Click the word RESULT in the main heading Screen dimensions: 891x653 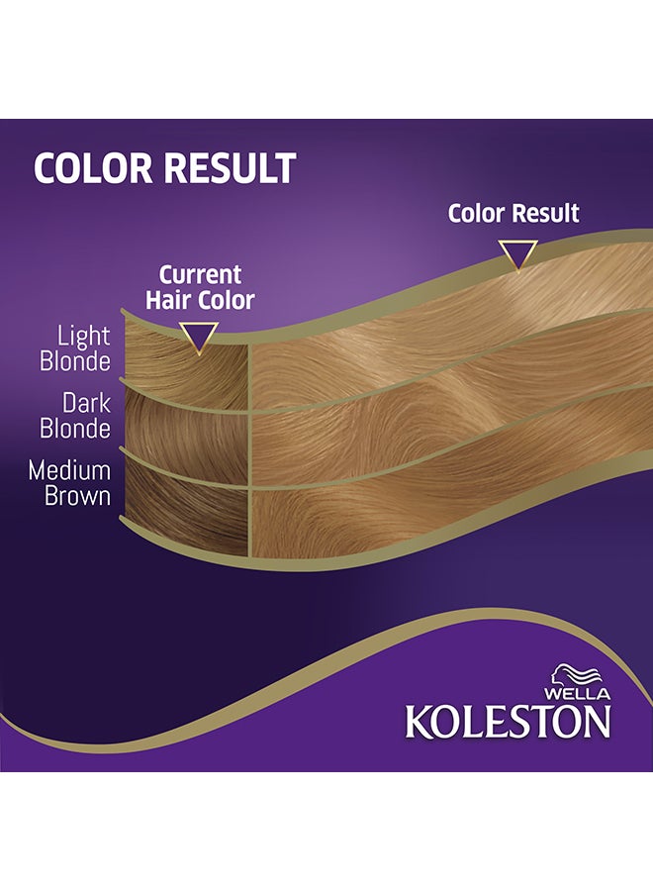pos(229,168)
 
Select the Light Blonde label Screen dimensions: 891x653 pos(75,349)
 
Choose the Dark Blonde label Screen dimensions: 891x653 pos(75,417)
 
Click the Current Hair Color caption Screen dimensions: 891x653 pos(201,286)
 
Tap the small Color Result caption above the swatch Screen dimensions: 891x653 pos(513,213)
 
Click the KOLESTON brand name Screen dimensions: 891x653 pos(508,721)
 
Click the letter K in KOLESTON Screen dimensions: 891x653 pos(419,721)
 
